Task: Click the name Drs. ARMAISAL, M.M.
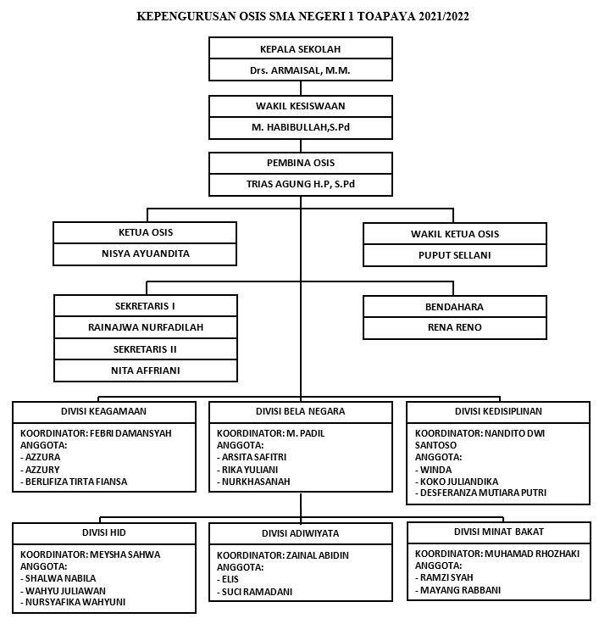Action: [x=300, y=70]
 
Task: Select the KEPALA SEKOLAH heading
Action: [x=300, y=49]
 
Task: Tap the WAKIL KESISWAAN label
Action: [x=300, y=106]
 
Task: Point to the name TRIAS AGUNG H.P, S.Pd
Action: [x=300, y=184]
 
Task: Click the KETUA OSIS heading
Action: [x=146, y=232]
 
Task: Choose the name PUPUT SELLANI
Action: [x=455, y=255]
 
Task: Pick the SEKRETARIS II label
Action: [x=145, y=349]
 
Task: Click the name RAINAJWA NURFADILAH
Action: [x=146, y=327]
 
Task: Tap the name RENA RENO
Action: [x=455, y=327]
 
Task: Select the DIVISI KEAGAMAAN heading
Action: [x=103, y=411]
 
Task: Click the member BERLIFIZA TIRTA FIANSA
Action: [x=76, y=482]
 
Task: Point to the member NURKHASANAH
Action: [x=256, y=482]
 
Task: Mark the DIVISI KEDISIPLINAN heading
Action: [x=498, y=411]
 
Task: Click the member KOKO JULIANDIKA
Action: [x=459, y=482]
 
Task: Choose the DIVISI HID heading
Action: [x=104, y=532]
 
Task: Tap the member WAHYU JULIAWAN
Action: [x=65, y=591]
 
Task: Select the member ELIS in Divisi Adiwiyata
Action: [x=230, y=579]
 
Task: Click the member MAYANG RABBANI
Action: [x=460, y=590]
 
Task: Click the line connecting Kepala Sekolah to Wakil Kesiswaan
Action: [x=301, y=88]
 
